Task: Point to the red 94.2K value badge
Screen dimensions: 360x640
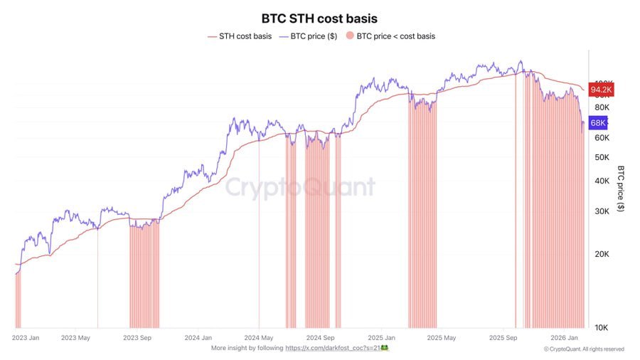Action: click(x=601, y=90)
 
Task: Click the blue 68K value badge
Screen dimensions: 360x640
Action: click(x=597, y=123)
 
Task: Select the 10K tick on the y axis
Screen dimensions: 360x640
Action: click(x=601, y=327)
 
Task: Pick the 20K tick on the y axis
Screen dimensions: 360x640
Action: click(x=601, y=254)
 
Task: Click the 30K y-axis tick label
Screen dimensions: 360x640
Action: click(x=601, y=211)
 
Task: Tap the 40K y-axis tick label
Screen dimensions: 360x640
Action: click(x=601, y=181)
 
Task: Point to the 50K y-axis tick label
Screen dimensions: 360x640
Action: click(x=601, y=157)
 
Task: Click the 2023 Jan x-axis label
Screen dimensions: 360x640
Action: click(x=26, y=338)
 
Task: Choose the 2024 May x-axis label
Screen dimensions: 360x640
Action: click(x=259, y=338)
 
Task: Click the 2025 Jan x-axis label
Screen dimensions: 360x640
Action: click(x=381, y=338)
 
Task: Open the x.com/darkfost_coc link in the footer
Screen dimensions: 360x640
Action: click(x=332, y=348)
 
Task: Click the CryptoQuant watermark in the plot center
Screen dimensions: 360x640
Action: click(x=300, y=187)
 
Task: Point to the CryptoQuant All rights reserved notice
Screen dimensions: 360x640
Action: click(x=584, y=349)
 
